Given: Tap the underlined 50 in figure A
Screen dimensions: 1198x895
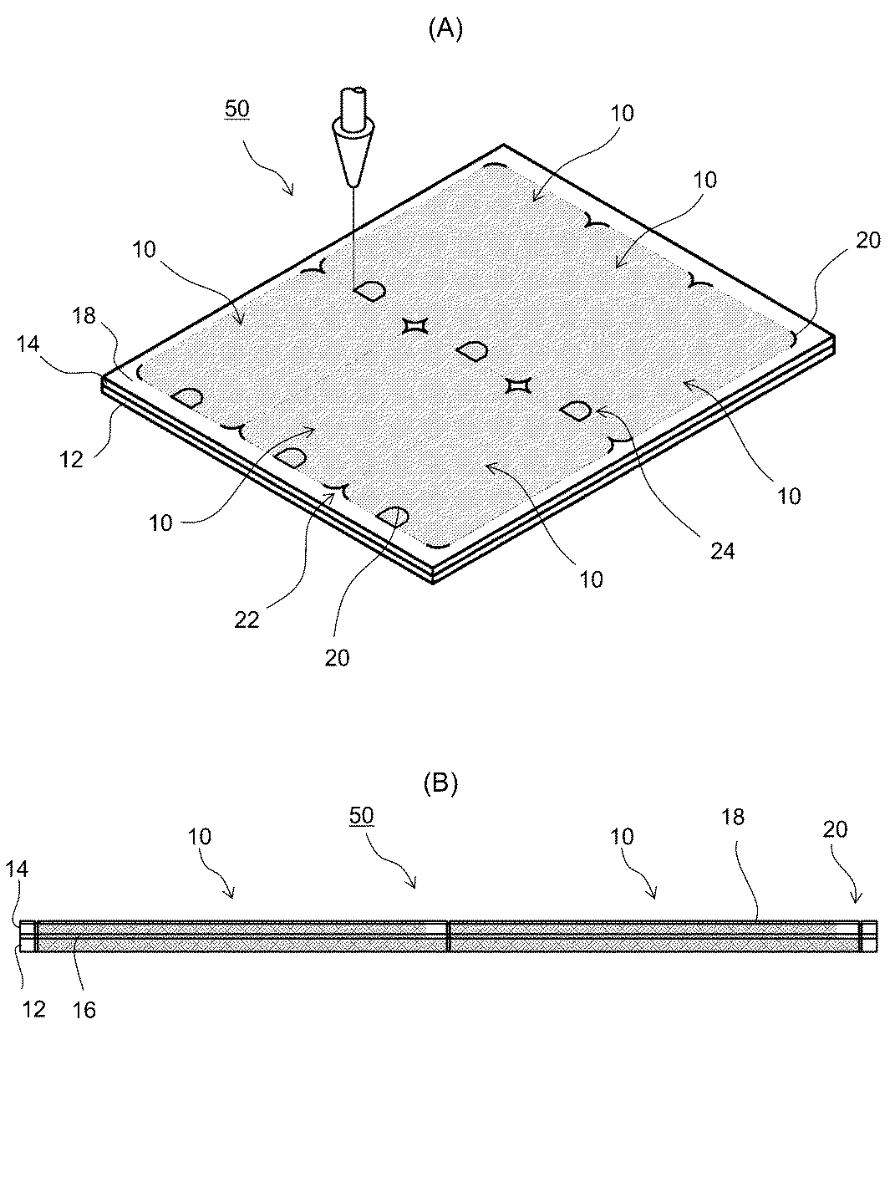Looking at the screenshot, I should point(237,109).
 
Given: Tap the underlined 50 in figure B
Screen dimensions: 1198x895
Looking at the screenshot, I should point(361,816).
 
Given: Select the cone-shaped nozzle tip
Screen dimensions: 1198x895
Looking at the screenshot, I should point(352,155).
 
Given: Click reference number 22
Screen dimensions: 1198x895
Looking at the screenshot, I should point(247,619).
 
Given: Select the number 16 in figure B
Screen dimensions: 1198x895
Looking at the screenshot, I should point(84,1010).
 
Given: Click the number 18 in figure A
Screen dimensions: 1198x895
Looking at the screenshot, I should point(84,315).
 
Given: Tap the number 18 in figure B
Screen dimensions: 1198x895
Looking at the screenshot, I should point(732,817).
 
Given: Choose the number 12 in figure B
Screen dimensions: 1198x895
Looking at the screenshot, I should point(33,1009).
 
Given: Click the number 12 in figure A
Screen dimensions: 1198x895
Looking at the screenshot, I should point(72,458).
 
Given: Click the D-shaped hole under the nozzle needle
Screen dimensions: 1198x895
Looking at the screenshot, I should point(369,291).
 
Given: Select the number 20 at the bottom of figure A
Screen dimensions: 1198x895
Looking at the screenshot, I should point(338,658).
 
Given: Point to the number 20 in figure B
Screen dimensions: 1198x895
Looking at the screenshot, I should point(835,828).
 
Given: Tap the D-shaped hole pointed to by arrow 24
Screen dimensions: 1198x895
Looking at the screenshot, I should point(577,410).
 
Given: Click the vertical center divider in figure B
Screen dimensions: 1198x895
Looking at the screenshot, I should point(449,935).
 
